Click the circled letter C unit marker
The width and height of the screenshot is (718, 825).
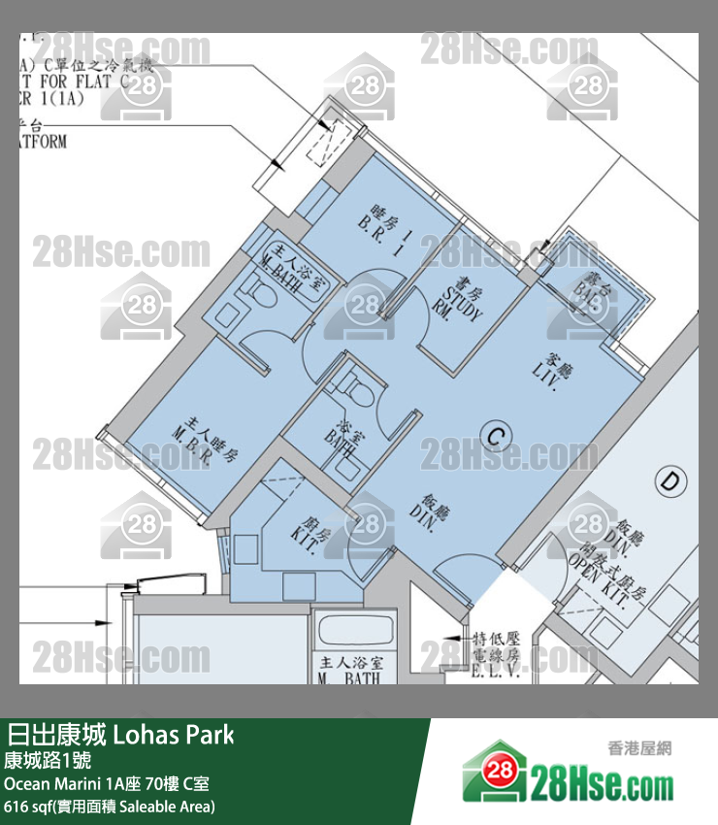[495, 437]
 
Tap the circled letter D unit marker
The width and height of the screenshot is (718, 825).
[669, 479]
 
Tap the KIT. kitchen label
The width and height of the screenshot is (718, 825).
[308, 534]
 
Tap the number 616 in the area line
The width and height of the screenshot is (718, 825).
[16, 807]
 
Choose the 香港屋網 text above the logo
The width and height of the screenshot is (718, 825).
[639, 747]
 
